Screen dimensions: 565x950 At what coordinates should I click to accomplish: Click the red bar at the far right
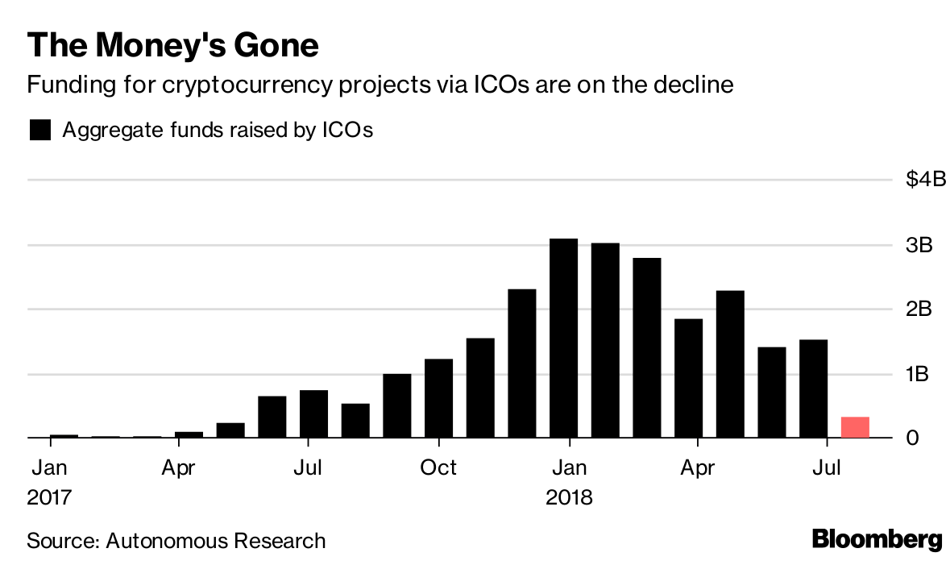(x=855, y=427)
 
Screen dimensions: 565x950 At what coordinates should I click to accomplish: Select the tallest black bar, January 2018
(x=563, y=339)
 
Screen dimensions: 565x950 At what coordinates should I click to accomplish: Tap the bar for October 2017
(x=438, y=398)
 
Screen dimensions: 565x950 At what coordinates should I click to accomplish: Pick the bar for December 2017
(x=522, y=364)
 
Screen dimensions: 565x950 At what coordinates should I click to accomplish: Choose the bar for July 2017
(x=313, y=414)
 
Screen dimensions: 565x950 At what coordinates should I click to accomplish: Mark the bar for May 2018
(x=730, y=364)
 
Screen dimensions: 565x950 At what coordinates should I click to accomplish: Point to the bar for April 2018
(x=688, y=379)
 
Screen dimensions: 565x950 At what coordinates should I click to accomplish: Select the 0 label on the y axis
(x=912, y=438)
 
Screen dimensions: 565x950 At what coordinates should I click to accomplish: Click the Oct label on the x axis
(x=438, y=467)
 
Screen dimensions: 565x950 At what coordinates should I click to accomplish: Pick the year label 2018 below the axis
(x=568, y=497)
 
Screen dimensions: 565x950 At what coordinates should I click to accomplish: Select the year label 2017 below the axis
(x=50, y=497)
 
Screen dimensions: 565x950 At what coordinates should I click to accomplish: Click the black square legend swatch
(x=40, y=130)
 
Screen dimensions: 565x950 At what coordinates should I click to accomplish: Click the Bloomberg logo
(x=877, y=539)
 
